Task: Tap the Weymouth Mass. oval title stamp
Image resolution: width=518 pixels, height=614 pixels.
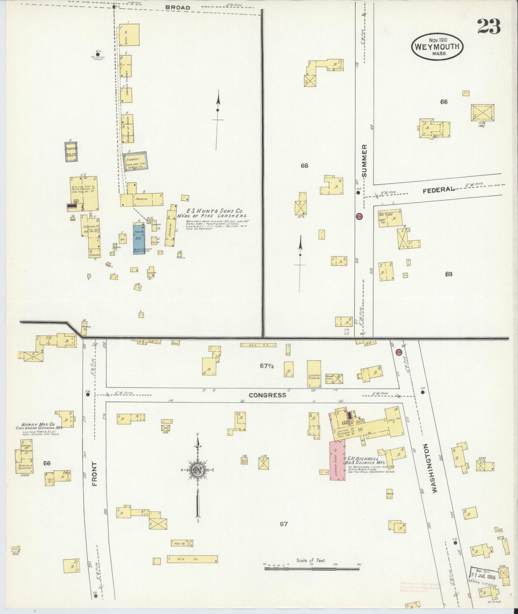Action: click(x=437, y=47)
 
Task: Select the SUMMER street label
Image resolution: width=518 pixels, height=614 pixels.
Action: click(x=365, y=161)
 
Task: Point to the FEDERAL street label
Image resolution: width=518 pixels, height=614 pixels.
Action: click(x=438, y=190)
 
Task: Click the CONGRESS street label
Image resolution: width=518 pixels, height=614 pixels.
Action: click(x=267, y=395)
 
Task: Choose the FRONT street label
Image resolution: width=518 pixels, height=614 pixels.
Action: click(x=95, y=474)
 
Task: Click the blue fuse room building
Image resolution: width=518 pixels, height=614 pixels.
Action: click(x=139, y=239)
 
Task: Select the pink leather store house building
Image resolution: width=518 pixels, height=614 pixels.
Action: click(x=337, y=461)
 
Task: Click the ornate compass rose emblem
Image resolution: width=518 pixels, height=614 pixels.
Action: click(x=197, y=471)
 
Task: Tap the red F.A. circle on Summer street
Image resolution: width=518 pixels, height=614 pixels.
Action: click(x=359, y=216)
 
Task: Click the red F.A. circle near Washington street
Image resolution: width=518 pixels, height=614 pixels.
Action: click(x=399, y=352)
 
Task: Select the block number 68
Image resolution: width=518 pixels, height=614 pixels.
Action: click(x=304, y=166)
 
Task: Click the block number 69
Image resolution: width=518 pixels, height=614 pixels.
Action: click(x=448, y=274)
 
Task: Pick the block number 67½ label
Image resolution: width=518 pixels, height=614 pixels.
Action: click(x=267, y=366)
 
